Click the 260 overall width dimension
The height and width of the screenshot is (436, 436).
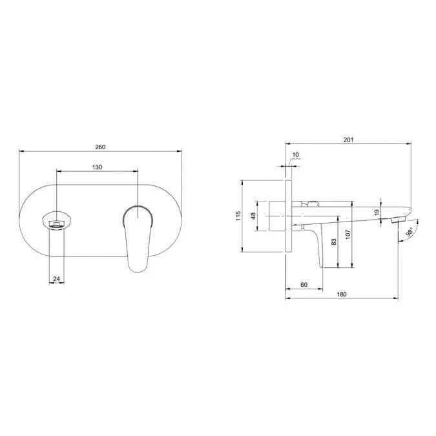(x=100, y=147)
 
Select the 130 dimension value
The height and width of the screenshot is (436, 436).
(x=97, y=167)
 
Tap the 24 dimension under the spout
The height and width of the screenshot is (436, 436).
(x=56, y=278)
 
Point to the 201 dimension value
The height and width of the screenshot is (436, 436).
(x=348, y=140)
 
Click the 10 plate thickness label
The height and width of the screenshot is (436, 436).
(x=296, y=154)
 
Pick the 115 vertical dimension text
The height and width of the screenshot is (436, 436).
(x=238, y=216)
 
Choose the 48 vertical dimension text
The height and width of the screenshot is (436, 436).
(x=253, y=216)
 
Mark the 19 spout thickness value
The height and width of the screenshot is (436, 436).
(x=377, y=213)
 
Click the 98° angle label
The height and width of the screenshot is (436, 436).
(x=410, y=232)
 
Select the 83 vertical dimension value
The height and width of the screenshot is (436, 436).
(x=334, y=242)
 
